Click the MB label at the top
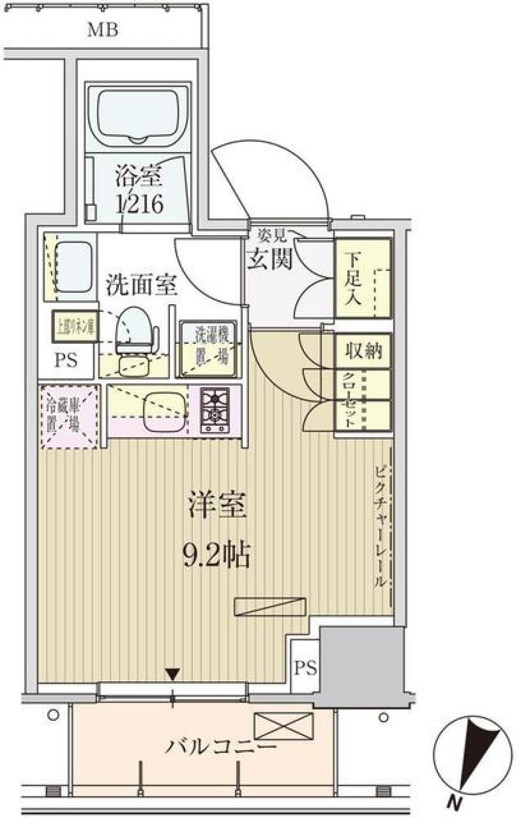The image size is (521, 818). click(x=103, y=30)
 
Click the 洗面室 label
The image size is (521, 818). click(x=141, y=285)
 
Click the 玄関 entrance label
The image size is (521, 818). click(x=270, y=259)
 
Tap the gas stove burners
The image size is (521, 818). click(x=215, y=409)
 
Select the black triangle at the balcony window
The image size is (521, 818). click(x=173, y=675)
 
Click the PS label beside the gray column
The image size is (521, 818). click(x=306, y=668)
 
